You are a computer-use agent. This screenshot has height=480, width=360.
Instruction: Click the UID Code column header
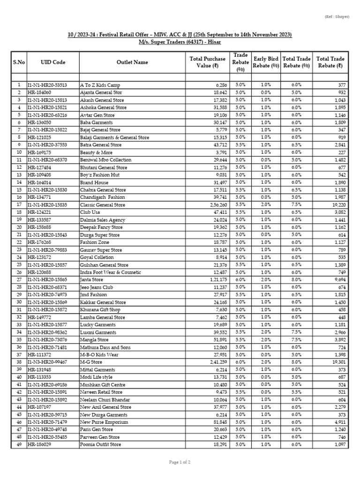(53, 62)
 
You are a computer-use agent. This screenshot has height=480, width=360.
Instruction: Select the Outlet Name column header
(132, 62)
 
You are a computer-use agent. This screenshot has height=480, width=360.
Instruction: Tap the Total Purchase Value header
(207, 62)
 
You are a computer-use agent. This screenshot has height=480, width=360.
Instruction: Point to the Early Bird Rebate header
(266, 62)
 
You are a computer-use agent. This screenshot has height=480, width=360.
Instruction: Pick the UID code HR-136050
(40, 122)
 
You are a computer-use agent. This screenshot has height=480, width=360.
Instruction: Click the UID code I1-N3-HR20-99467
(47, 362)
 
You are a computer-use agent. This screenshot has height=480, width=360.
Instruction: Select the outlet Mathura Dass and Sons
(105, 347)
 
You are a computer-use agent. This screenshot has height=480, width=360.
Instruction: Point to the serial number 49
(19, 444)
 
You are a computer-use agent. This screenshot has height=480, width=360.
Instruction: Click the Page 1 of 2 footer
(180, 462)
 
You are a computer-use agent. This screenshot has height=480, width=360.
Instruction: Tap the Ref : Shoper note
(337, 17)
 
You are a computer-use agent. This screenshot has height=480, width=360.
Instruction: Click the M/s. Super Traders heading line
(180, 42)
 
